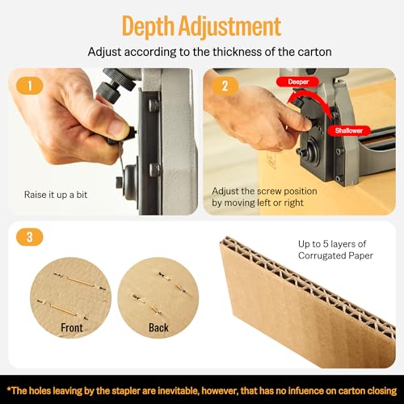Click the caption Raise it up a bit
[57, 195]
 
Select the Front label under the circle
[72, 328]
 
